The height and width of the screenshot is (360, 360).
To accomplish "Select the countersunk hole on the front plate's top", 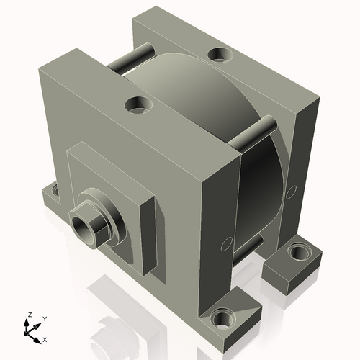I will tap(137, 105).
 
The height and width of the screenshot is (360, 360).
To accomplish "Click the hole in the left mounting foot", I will tap(53, 192).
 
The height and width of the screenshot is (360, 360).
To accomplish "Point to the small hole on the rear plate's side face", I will tap(294, 190).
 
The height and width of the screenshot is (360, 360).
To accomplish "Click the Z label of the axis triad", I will tap(30, 315).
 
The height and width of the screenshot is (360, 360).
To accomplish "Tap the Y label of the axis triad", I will tap(44, 318).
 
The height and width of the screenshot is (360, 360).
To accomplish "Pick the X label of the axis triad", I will tap(45, 338).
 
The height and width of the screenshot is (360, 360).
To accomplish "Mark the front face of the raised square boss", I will tap(108, 180).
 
